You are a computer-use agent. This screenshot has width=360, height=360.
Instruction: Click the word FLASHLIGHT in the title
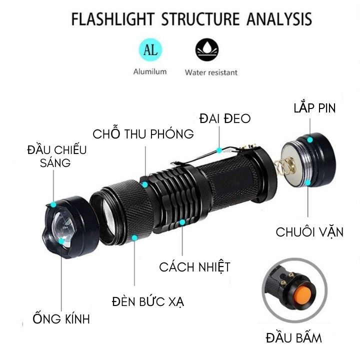(x=113, y=19)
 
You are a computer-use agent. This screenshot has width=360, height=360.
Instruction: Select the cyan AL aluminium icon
(x=149, y=50)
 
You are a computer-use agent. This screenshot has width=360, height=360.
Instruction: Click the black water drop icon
(x=206, y=50)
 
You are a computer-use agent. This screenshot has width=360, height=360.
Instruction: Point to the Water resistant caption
(x=211, y=72)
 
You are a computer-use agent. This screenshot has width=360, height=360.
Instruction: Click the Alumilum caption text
(x=149, y=72)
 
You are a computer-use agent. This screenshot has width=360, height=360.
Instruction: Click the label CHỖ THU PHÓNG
(x=143, y=134)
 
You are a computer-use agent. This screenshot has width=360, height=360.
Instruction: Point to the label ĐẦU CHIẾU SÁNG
(x=56, y=156)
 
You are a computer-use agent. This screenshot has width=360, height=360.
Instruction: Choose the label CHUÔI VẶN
(x=309, y=232)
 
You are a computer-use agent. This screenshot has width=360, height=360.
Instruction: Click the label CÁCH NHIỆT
(x=194, y=266)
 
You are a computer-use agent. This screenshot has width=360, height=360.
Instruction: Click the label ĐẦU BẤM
(x=294, y=337)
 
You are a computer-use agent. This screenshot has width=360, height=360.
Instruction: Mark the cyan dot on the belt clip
(x=219, y=149)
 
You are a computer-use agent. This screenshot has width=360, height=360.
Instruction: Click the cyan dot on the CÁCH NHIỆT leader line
(x=182, y=221)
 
